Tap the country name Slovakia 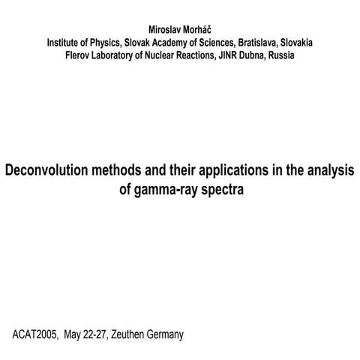295,43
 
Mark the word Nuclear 173,55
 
